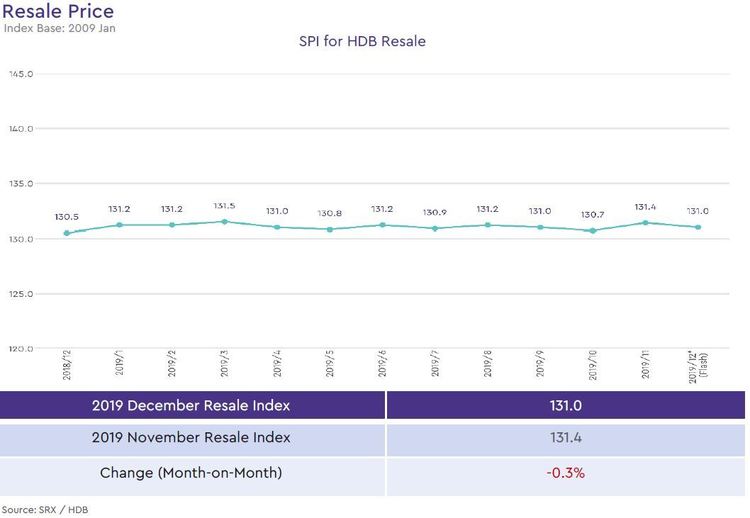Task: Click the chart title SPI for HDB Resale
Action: tap(362, 41)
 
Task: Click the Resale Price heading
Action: tap(58, 11)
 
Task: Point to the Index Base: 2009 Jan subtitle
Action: tap(49, 28)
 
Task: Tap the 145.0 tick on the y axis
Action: tap(22, 74)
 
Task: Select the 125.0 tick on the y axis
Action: tap(22, 294)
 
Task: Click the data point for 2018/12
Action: tap(67, 233)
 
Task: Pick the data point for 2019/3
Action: tap(225, 222)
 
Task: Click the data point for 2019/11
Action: tap(645, 223)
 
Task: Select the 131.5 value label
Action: tap(225, 206)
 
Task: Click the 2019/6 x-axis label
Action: tap(383, 365)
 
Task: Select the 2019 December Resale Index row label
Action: tap(191, 405)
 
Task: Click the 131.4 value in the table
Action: tap(565, 438)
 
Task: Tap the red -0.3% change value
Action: tap(565, 472)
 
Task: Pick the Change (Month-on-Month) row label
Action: tap(191, 472)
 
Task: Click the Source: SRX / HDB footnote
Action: tap(45, 509)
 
